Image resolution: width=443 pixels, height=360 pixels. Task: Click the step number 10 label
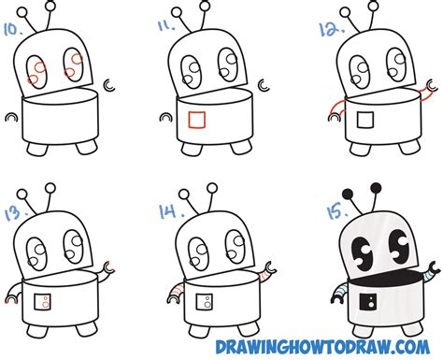point(13,29)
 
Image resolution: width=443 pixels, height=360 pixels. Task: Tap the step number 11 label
point(166,25)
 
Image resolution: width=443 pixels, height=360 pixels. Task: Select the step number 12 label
point(332,29)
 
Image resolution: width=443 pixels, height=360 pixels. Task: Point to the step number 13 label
point(16,213)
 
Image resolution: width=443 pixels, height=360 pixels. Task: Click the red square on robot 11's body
point(196,120)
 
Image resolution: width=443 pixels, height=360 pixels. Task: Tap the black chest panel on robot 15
point(368,302)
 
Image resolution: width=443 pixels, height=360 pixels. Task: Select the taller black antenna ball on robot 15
point(376,188)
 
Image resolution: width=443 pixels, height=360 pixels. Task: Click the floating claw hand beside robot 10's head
point(109,85)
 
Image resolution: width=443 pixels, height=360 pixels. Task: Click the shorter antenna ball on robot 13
point(22,194)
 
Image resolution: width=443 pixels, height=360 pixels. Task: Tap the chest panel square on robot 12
point(365,120)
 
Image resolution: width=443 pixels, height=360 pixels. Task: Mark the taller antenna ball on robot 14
point(212,188)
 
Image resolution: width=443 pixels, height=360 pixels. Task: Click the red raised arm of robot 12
point(425,91)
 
